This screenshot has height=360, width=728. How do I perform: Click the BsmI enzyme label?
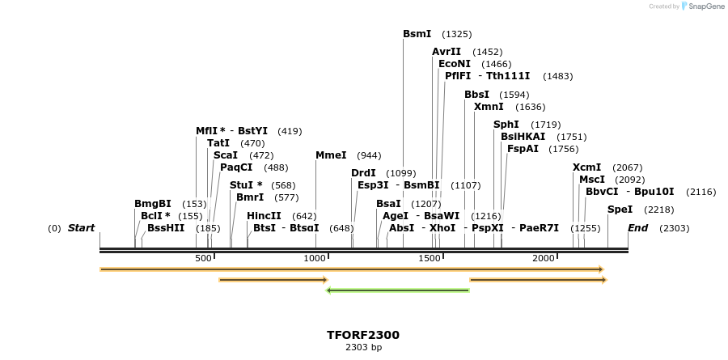(x=417, y=34)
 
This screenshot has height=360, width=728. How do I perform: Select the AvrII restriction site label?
(x=447, y=52)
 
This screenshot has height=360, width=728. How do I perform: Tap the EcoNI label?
(x=455, y=64)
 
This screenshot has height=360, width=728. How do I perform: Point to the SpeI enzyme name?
(x=620, y=210)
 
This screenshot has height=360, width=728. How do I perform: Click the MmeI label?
(x=331, y=155)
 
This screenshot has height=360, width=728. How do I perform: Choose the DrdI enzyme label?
(x=364, y=173)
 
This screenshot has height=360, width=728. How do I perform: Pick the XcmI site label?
(x=587, y=167)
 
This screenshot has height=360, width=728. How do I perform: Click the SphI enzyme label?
(x=506, y=125)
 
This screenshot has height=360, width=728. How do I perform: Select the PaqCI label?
(x=236, y=167)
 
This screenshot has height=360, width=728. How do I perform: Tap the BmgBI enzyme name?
(x=153, y=204)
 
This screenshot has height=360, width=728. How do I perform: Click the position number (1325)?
(x=457, y=34)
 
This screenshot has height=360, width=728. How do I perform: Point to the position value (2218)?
(x=659, y=210)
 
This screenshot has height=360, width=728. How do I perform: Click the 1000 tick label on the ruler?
(x=314, y=258)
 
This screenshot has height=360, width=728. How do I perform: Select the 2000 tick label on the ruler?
(x=544, y=258)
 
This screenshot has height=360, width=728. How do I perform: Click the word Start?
(x=82, y=228)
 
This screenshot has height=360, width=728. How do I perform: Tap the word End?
(x=638, y=228)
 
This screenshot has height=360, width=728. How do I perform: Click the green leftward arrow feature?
(x=397, y=290)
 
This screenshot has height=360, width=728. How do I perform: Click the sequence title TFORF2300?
(x=363, y=335)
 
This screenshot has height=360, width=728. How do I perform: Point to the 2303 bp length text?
(x=363, y=348)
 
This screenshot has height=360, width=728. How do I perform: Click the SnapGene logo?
(x=700, y=6)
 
